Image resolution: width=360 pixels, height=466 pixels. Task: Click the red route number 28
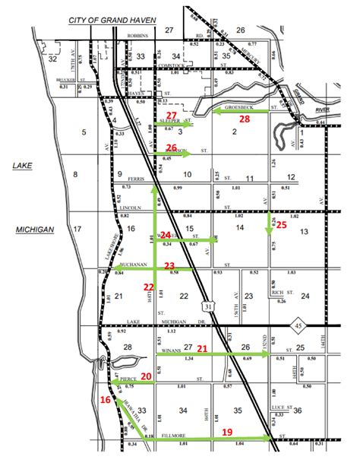click(245, 119)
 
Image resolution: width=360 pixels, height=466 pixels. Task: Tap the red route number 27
click(172, 115)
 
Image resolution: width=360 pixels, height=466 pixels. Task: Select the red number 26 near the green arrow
click(172, 148)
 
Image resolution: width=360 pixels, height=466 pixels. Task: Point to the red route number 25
click(280, 224)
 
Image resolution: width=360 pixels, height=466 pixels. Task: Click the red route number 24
click(166, 236)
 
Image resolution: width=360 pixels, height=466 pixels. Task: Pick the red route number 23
click(170, 265)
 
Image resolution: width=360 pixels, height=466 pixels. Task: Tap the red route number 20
click(146, 376)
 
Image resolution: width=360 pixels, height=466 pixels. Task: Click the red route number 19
click(227, 431)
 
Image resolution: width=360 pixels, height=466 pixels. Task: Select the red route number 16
click(106, 398)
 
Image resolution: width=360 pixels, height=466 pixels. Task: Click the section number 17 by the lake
click(77, 229)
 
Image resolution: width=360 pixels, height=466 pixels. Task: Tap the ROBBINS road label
click(137, 35)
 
